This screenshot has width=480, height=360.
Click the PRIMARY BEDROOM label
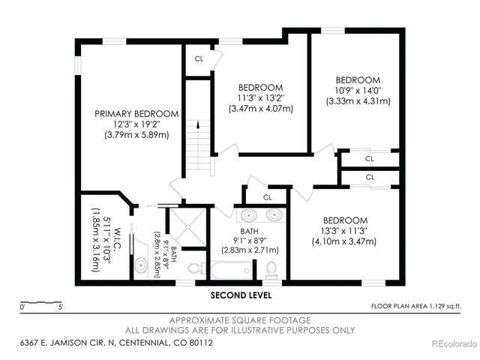click(136, 114)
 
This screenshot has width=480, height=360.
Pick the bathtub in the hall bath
click(232, 269)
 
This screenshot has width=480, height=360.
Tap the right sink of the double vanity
click(274, 216)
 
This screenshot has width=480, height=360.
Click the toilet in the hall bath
click(271, 268)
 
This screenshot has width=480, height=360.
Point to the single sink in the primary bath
click(141, 265)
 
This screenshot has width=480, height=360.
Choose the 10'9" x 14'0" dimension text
click(357, 90)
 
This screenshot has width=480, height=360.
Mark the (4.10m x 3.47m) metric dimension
click(345, 241)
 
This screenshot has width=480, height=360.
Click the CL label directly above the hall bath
click(268, 197)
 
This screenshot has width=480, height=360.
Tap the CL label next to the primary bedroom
click(199, 58)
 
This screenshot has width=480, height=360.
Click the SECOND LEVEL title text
click(240, 295)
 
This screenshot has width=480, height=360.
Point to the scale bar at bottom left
click(41, 304)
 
